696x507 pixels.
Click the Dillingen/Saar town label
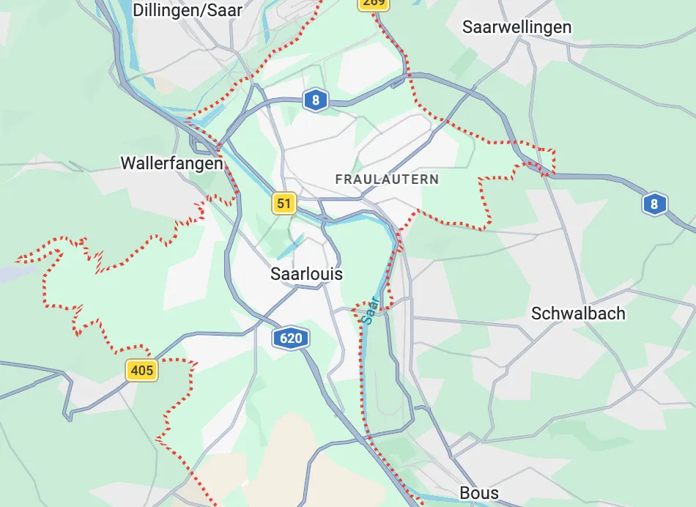(x=188, y=10)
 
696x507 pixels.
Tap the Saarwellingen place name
(x=517, y=27)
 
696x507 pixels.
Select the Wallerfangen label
(x=171, y=163)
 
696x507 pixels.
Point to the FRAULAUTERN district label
(x=387, y=179)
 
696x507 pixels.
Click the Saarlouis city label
(x=306, y=274)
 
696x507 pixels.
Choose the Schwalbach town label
(x=578, y=314)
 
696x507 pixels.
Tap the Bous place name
(x=479, y=493)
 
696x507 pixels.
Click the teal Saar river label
(x=371, y=311)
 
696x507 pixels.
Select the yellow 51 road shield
(x=284, y=203)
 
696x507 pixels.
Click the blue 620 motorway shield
(x=291, y=338)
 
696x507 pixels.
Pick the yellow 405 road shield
(x=141, y=370)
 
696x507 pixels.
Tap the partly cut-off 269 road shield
(x=374, y=4)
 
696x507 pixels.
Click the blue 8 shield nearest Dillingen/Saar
(x=316, y=100)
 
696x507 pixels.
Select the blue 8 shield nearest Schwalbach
(x=654, y=204)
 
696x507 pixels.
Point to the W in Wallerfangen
(x=127, y=163)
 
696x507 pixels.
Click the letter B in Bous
(x=465, y=493)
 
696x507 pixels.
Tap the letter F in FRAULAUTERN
(x=338, y=179)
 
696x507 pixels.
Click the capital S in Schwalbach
(x=536, y=314)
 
